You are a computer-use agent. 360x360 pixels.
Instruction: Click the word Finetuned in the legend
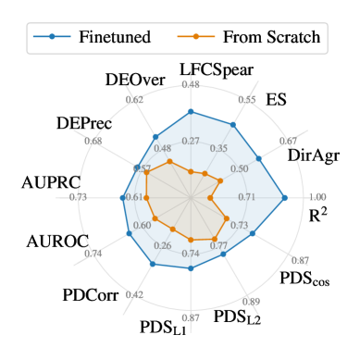110,38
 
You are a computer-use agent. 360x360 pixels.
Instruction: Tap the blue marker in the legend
53,38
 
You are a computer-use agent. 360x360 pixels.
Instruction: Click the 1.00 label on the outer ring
317,197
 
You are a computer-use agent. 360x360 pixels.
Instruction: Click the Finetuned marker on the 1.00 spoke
285,197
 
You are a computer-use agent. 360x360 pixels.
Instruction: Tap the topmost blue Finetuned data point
191,110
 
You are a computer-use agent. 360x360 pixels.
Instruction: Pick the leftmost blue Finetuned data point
125,197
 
